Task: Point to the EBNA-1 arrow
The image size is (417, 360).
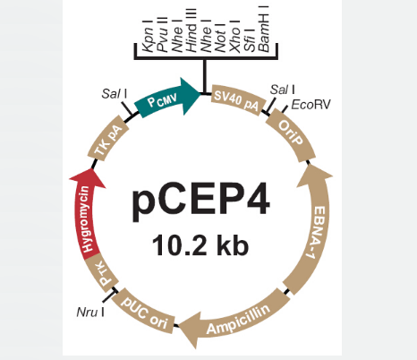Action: point(315,227)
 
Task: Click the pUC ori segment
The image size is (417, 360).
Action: point(143,312)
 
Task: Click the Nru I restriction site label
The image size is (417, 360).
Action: point(90,313)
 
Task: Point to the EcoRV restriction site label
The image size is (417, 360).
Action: point(311,105)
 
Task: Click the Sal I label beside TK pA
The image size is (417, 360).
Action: point(115,93)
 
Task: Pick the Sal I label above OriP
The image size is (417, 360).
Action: point(283,90)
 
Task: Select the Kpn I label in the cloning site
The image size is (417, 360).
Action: point(148,36)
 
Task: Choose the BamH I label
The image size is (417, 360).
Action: point(264,29)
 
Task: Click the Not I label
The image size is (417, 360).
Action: point(220,38)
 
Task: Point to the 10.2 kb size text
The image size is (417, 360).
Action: point(200,245)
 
